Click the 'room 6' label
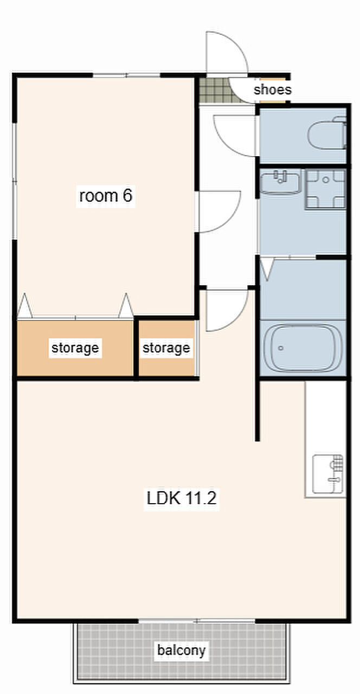coord(106,196)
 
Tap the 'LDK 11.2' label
coord(181,498)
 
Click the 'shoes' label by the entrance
coord(272,90)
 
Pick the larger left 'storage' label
coord(75,348)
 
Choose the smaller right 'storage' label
coord(166,348)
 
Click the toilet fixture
coord(327,133)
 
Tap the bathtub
coord(303,348)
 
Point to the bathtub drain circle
coord(281,348)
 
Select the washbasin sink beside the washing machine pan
coord(280,183)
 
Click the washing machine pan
coord(325,189)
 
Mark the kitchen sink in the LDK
coord(328,474)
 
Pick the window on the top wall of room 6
coord(127,75)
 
